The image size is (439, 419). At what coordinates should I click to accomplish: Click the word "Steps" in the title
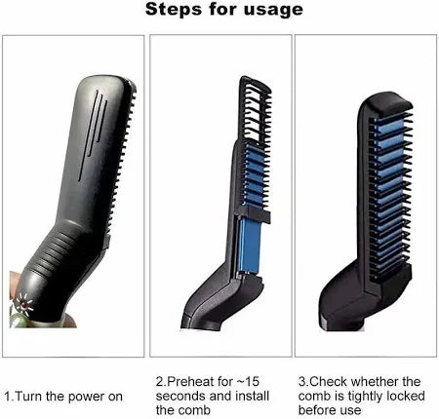(x=175, y=9)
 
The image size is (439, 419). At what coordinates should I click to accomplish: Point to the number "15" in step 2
(x=252, y=381)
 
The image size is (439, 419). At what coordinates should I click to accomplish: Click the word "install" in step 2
(x=252, y=396)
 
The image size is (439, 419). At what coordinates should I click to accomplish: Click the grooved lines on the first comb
(x=93, y=134)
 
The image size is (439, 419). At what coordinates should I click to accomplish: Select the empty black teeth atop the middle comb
(x=255, y=109)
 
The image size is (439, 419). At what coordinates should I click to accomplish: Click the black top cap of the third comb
(x=386, y=103)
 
